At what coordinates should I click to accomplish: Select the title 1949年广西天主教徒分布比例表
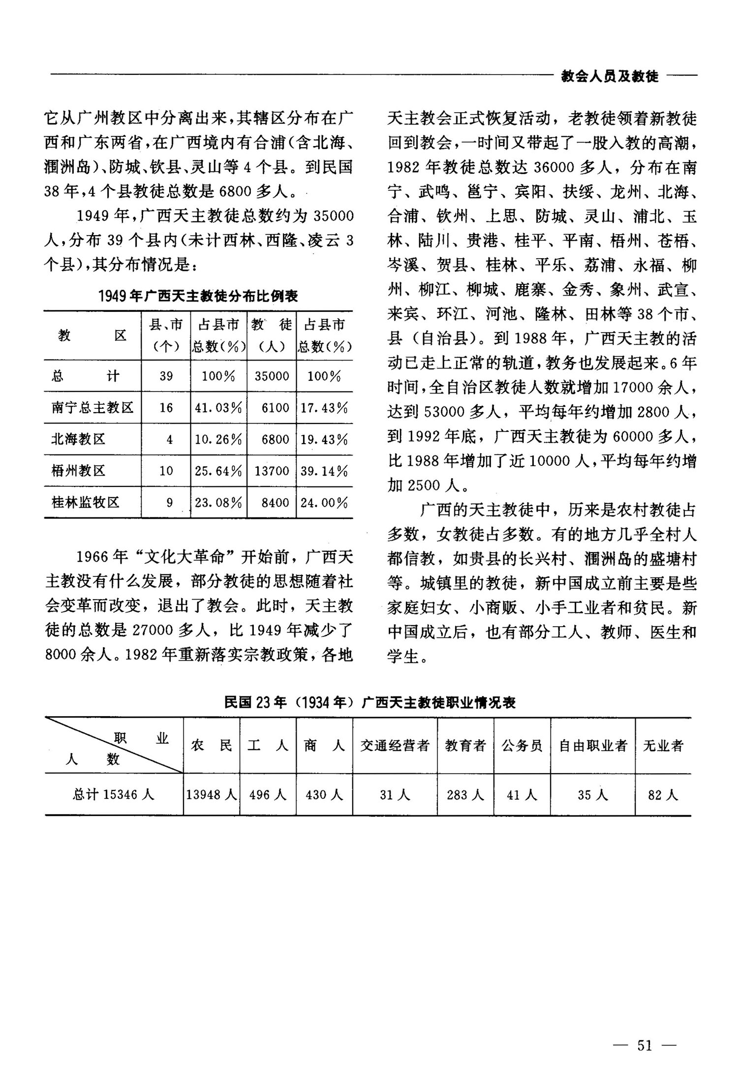click(198, 296)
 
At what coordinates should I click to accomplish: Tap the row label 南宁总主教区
click(92, 407)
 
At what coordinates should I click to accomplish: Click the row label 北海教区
click(78, 439)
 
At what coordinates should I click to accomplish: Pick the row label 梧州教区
click(78, 471)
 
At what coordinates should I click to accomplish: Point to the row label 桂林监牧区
click(86, 502)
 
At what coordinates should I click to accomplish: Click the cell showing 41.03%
click(218, 407)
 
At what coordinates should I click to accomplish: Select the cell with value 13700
click(272, 471)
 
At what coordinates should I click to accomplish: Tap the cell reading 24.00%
click(324, 502)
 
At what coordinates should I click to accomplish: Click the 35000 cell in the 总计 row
click(272, 376)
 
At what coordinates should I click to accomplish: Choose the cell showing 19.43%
click(324, 439)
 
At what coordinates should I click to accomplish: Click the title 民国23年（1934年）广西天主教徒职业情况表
click(369, 702)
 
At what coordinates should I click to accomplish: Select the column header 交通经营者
click(395, 746)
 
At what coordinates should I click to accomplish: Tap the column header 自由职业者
click(593, 746)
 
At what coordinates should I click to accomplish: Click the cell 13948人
click(212, 794)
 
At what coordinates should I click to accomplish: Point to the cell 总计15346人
click(114, 794)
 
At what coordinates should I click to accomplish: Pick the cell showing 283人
click(465, 794)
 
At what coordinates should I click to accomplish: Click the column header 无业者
click(663, 746)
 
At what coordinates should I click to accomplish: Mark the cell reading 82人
click(663, 794)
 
